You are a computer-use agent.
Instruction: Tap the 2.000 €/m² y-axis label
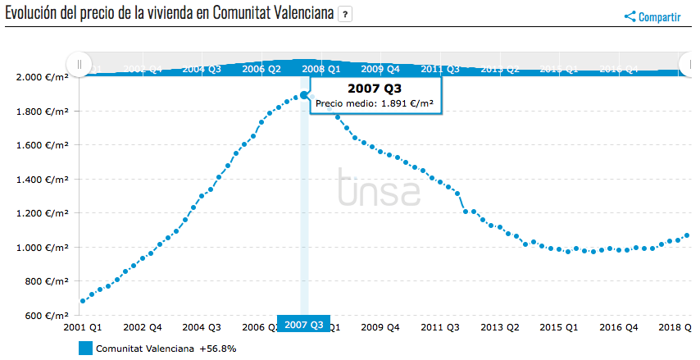42,77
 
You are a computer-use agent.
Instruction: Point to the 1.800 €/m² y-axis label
42,112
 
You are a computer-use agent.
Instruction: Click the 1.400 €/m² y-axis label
42,180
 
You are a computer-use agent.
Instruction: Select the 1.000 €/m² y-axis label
42,248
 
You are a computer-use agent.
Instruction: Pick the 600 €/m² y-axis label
47,316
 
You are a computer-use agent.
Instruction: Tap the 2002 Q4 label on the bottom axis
141,326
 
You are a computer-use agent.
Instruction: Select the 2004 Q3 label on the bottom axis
202,326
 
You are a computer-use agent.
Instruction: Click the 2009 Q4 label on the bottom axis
381,326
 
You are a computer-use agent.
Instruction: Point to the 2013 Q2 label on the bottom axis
500,326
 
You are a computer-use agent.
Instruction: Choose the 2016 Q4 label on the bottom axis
619,326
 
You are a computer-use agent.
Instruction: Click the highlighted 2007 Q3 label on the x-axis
304,325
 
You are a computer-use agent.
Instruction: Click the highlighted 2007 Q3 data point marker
304,95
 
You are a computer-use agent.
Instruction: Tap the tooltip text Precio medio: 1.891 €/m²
374,104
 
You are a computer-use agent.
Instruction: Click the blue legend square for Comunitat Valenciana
85,349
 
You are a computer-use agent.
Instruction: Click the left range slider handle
80,64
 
